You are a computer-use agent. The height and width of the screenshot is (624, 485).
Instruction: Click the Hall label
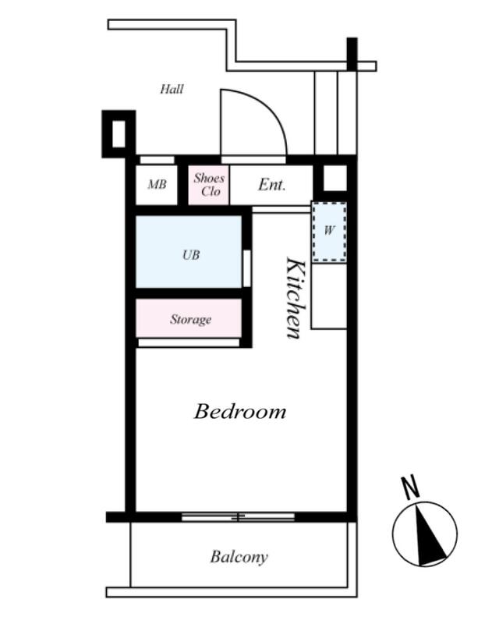[x=172, y=89]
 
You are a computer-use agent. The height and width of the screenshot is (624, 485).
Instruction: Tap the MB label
[x=158, y=184]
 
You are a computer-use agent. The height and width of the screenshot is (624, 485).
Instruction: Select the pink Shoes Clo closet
[x=208, y=185]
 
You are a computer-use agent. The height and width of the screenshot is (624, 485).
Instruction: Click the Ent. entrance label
[x=272, y=185]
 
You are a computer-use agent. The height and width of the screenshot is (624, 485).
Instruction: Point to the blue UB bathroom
[x=189, y=251]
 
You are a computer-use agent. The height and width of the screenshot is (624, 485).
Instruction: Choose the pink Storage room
[x=189, y=318]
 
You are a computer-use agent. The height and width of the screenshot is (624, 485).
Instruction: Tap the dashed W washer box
[x=329, y=232]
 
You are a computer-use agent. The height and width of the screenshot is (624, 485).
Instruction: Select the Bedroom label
[x=240, y=411]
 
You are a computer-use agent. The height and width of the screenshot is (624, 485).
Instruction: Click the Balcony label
[x=239, y=557]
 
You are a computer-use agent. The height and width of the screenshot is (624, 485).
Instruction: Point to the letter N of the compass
[x=410, y=487]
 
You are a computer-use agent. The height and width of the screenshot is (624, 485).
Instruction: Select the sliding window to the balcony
[x=239, y=517]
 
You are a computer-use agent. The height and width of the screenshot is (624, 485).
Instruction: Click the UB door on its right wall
[x=246, y=268]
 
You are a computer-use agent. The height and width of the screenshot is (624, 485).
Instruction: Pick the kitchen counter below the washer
[x=329, y=296]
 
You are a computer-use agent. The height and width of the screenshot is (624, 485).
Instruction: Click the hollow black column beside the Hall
[x=119, y=134]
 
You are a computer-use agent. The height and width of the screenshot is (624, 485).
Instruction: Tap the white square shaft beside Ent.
[x=335, y=178]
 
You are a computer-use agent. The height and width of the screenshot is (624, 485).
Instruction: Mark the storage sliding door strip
[x=189, y=342]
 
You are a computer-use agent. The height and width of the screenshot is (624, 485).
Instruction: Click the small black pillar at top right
[x=352, y=54]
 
